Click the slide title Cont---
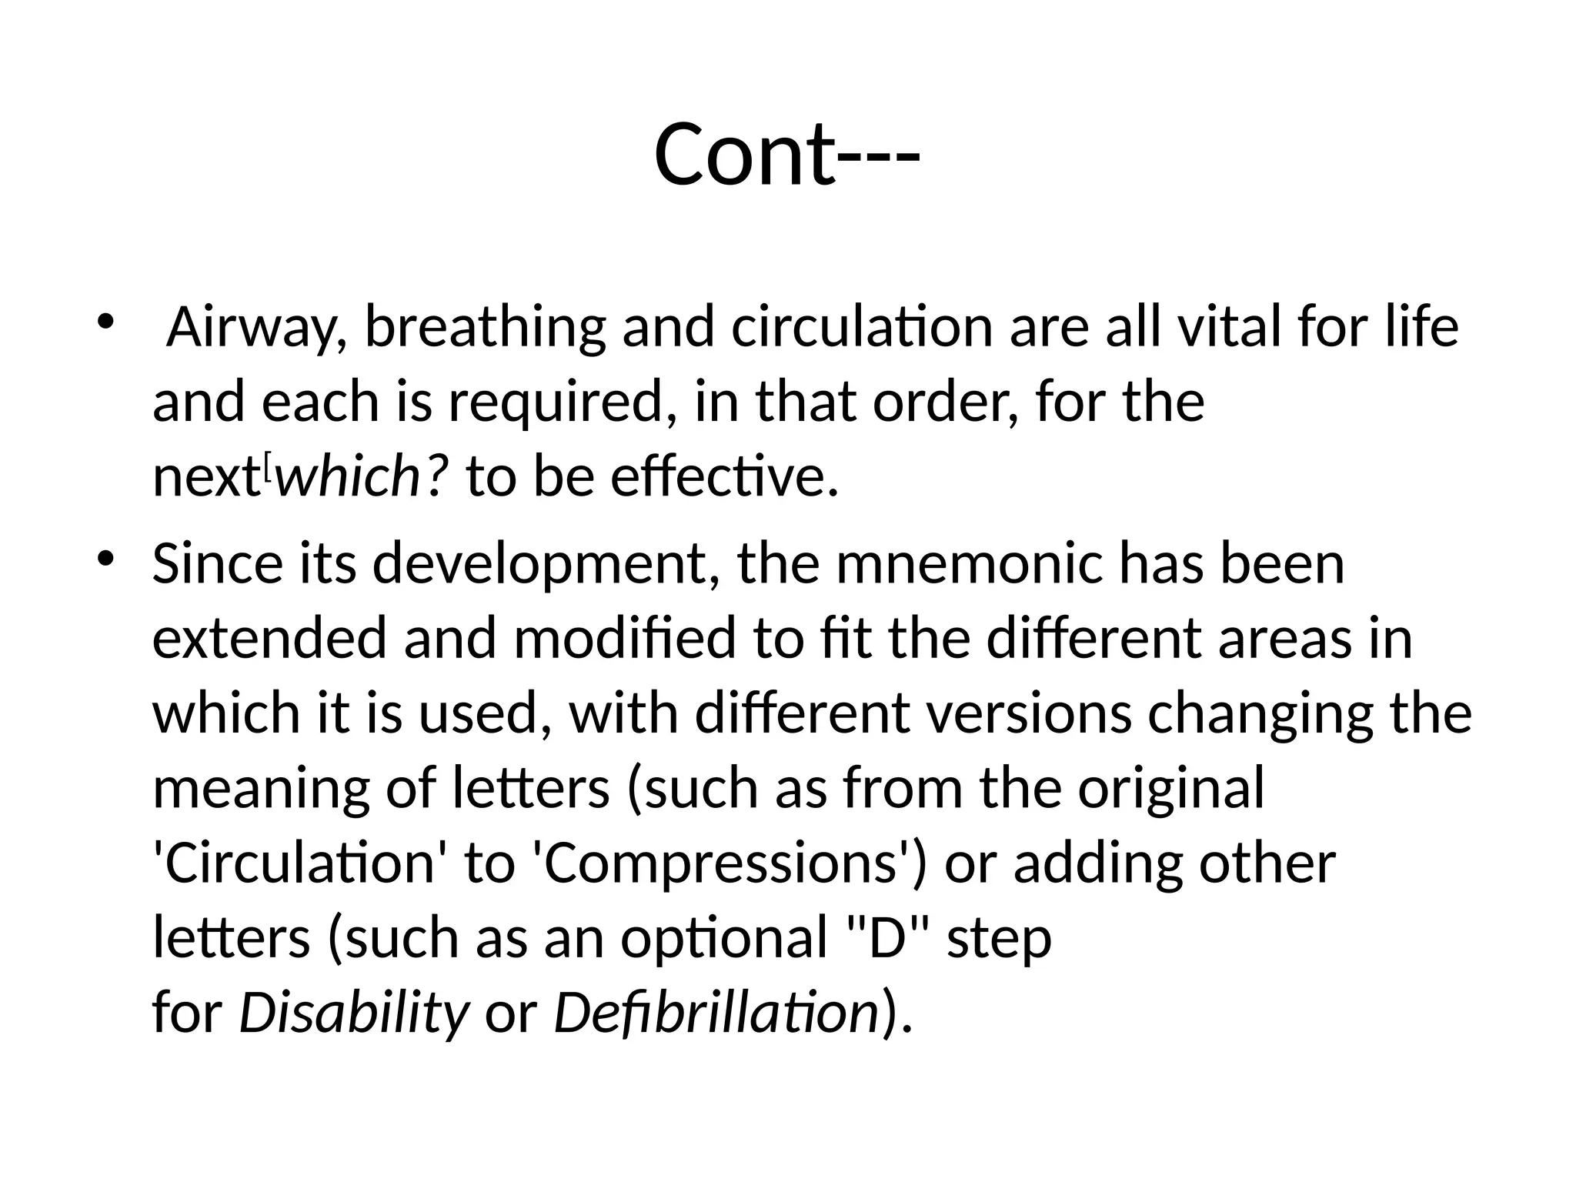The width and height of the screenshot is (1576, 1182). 786,154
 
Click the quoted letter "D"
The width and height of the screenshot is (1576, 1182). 884,938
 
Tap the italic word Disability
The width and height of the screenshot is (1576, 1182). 353,1013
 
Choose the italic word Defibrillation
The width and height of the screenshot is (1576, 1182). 716,1013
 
